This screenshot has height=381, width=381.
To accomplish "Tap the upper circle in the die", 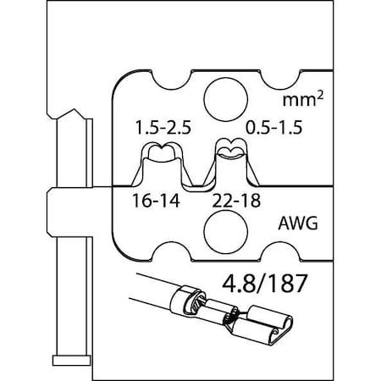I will click(x=219, y=96).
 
